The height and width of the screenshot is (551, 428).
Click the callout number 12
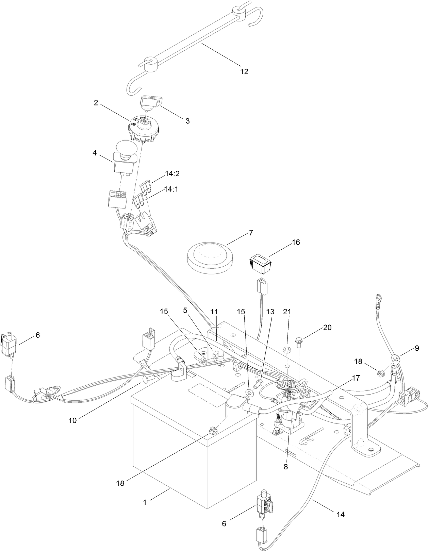(244, 71)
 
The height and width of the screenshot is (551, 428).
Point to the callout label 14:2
(172, 174)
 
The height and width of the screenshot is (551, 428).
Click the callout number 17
(356, 378)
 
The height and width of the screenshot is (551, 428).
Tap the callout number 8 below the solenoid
(285, 467)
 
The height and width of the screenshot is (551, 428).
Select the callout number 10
(72, 420)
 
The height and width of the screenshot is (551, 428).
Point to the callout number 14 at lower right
(341, 515)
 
